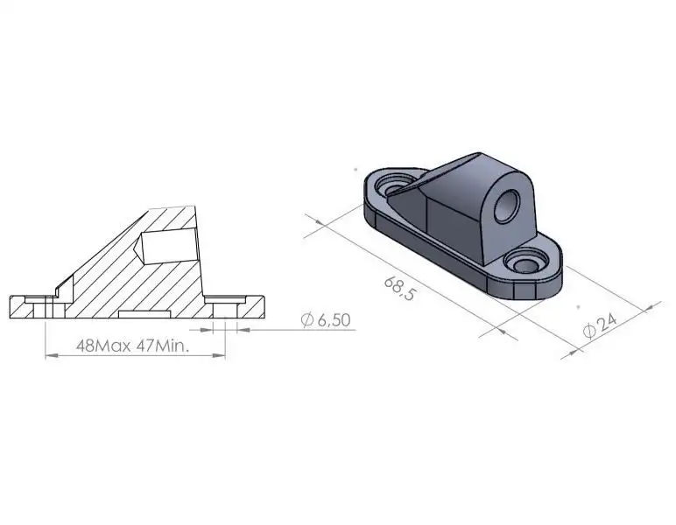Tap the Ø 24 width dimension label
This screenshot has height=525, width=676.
tap(601, 325)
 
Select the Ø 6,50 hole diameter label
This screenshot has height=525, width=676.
tap(325, 321)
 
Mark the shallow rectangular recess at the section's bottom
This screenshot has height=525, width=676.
tap(144, 312)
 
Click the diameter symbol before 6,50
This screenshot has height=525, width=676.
tap(306, 321)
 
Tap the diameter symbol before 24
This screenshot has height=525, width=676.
tap(588, 332)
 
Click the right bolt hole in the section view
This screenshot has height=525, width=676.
tap(225, 306)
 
